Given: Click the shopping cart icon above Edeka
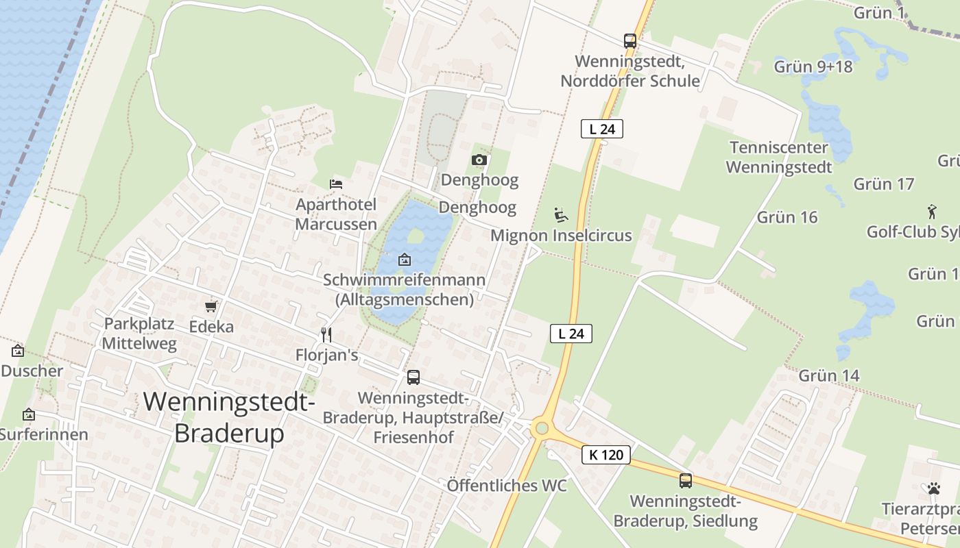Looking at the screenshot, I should pos(211,306).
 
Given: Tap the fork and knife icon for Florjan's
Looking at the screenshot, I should pos(326,334).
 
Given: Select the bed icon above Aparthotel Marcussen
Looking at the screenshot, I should pos(336,184).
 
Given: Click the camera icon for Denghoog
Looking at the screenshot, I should pos(479,160).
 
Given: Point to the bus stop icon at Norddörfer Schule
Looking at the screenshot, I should pos(629,40).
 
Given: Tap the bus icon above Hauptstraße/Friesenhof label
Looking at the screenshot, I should pos(413,377).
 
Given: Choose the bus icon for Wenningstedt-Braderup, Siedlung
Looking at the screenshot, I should pos(685,480).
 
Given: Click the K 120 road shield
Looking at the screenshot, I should pos(606,454).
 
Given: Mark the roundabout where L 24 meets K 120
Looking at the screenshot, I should pos(542,429).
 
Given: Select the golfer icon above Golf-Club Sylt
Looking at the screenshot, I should pos(931,211).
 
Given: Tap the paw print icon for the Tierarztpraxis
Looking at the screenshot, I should pos(933,488).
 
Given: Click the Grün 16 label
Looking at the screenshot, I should pos(787,217).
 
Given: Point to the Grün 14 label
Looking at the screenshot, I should pos(828,375).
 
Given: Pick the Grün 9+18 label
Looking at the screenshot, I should pos(813,66).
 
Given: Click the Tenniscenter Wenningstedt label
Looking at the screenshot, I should pos(779,157).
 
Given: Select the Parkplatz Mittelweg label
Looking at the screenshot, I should pos(139,334).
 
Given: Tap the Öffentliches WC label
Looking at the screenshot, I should pos(507,486).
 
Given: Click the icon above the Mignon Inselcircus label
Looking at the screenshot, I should pos(561,215).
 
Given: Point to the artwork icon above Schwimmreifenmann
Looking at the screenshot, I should pos(405,260).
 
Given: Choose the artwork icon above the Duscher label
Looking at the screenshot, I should pos(18,351).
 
